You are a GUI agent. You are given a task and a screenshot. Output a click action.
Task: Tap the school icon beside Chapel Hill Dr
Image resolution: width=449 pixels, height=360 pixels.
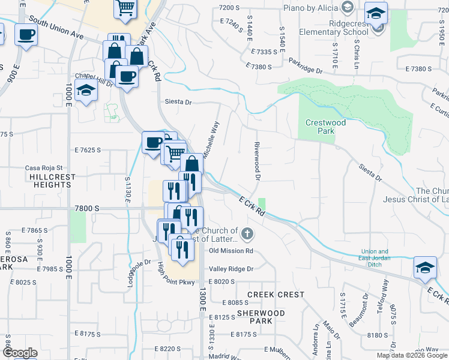click(86, 91)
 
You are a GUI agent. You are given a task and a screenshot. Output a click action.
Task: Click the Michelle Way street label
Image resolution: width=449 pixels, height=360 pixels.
click(210, 140)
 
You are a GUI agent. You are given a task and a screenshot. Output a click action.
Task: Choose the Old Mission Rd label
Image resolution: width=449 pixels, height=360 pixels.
click(231, 251)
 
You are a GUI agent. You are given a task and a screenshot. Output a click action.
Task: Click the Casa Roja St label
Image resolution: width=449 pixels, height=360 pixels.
click(43, 169)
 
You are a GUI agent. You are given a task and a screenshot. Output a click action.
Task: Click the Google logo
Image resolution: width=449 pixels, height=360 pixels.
click(20, 353)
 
